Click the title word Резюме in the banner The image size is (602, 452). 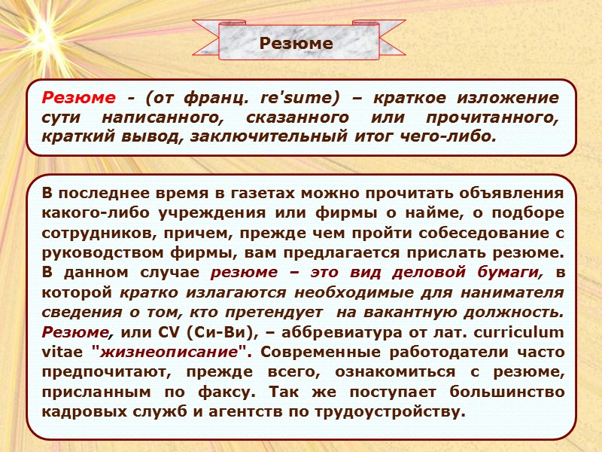[x=296, y=44]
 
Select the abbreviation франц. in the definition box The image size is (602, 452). [x=217, y=99]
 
